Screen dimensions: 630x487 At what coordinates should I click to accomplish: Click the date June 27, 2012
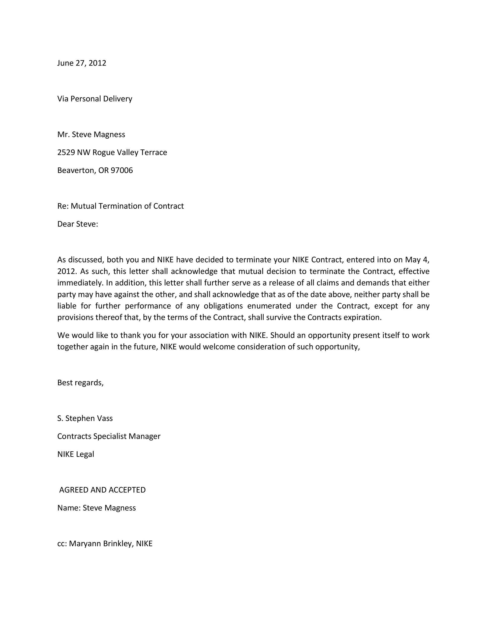[82, 63]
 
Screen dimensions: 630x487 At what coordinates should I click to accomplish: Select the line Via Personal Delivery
[95, 99]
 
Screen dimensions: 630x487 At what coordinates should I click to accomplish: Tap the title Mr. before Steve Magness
[62, 134]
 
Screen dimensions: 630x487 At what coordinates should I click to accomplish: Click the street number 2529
[66, 152]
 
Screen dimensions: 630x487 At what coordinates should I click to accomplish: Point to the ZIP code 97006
[122, 170]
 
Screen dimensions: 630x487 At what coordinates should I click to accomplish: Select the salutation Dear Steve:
[78, 224]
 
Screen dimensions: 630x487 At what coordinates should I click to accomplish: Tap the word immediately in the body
[80, 283]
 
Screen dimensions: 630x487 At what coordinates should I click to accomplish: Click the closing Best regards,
[80, 383]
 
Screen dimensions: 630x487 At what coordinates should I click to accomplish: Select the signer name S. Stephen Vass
[85, 418]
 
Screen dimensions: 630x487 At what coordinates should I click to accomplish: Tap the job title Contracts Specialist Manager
[109, 436]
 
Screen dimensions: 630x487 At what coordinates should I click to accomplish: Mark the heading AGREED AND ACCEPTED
[102, 490]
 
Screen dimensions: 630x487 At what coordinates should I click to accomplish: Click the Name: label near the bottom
[69, 508]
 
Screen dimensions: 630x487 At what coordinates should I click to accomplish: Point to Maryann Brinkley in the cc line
[101, 544]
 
